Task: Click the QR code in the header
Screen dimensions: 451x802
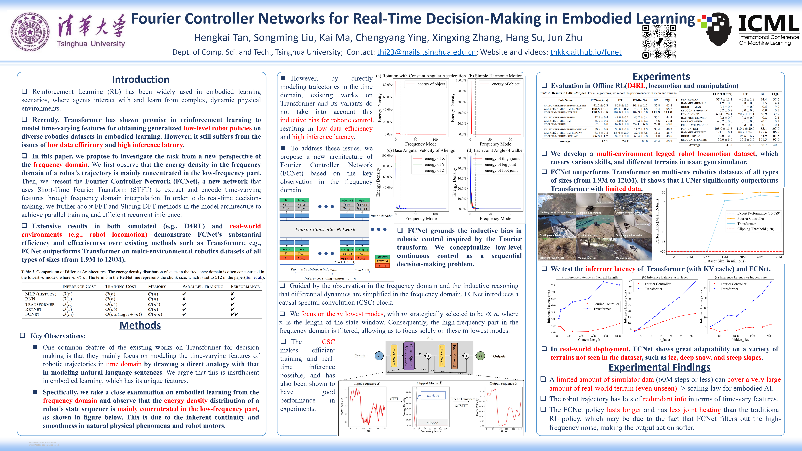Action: (x=659, y=42)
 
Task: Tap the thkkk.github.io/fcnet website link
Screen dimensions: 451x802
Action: (x=586, y=52)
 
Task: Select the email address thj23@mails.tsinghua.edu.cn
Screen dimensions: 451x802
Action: (x=426, y=52)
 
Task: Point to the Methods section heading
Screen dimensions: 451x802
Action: (x=140, y=325)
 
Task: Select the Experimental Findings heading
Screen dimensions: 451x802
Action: (x=659, y=367)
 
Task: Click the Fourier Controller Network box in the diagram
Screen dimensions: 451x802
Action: (x=325, y=229)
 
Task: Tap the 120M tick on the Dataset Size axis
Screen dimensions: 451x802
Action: (x=778, y=257)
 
